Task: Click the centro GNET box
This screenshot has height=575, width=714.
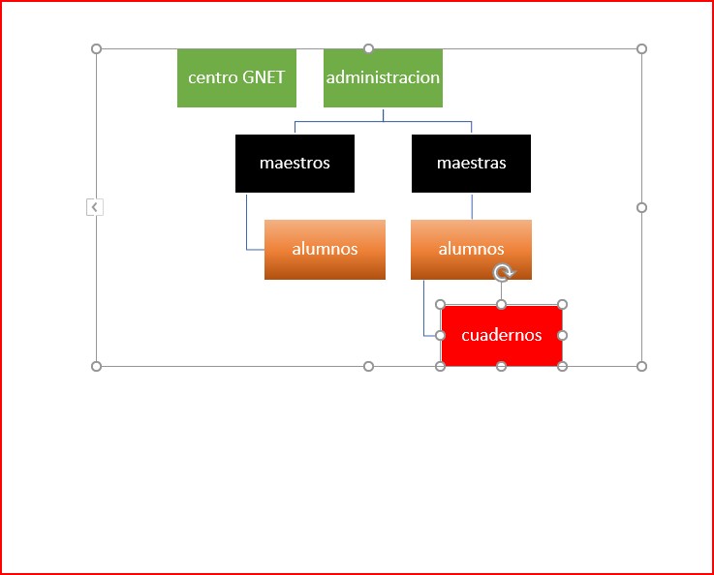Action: (x=236, y=77)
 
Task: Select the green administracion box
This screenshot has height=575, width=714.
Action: (x=383, y=77)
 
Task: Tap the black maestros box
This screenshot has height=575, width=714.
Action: (x=295, y=164)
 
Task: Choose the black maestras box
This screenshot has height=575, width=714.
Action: (x=471, y=164)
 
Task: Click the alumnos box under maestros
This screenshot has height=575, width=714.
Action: (x=325, y=250)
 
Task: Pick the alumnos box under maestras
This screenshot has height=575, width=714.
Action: (x=471, y=250)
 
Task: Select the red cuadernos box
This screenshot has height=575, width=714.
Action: (x=501, y=335)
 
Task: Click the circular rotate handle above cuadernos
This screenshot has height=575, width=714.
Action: (x=503, y=272)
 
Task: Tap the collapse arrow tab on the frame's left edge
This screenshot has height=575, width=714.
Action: (x=95, y=207)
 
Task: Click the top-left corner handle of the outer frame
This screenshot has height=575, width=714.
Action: (x=96, y=48)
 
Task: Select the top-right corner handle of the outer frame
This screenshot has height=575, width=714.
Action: (x=641, y=48)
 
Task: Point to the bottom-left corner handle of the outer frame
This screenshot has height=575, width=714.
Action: (x=96, y=366)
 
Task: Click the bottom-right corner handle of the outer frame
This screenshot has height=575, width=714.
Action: (x=641, y=366)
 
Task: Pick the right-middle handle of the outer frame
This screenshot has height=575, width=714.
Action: (x=641, y=207)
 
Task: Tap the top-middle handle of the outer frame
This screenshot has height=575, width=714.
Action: (x=368, y=48)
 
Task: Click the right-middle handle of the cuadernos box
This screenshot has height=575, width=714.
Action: (x=562, y=335)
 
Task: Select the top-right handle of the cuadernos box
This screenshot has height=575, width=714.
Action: (x=562, y=304)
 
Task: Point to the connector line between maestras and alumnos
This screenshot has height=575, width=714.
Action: (x=472, y=206)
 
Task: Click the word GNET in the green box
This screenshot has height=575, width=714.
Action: (x=264, y=77)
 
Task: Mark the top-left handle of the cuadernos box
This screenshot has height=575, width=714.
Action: (x=441, y=304)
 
